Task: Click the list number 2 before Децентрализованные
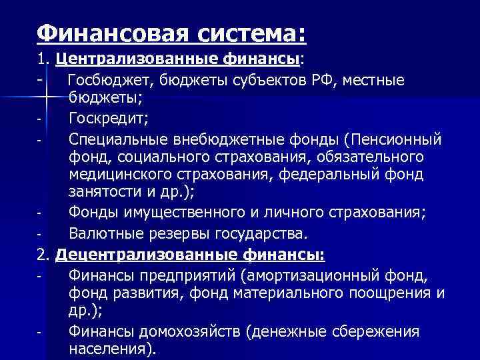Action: point(43,254)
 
